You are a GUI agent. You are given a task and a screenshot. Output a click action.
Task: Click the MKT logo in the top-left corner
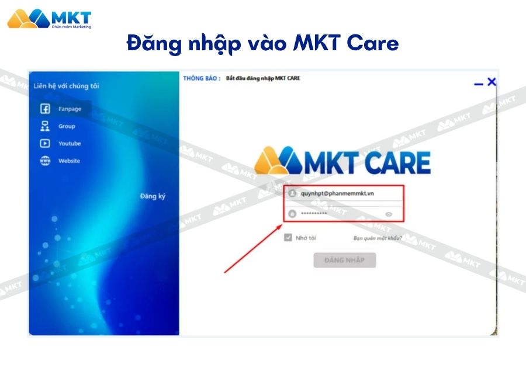coord(49,19)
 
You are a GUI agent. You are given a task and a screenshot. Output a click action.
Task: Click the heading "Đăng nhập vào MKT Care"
coord(262,44)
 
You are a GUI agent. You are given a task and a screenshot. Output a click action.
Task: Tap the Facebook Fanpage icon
coord(45,109)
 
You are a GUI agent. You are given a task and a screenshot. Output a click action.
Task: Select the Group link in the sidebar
coord(67,126)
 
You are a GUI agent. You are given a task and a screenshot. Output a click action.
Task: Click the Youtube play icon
coord(45,144)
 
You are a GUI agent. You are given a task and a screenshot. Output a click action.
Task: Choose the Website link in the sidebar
coord(69,161)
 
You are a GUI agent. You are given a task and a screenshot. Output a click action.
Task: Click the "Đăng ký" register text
coord(153,196)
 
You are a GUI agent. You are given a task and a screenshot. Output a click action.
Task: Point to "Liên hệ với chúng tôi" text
coord(66,86)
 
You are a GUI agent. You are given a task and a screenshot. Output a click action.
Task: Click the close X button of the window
coord(492,82)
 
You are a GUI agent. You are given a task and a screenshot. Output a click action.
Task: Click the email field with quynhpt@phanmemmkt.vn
coord(345,194)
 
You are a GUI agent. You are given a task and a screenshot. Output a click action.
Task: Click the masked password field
coord(339,214)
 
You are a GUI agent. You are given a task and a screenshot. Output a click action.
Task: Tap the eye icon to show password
coord(389,214)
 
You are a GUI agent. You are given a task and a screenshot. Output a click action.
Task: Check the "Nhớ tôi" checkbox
coord(288,238)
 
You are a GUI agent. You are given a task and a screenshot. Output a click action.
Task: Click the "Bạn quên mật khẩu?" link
coord(378,238)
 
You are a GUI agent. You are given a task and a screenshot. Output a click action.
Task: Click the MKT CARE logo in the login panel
coord(342,162)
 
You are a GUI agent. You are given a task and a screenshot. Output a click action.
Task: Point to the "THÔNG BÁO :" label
coord(202,78)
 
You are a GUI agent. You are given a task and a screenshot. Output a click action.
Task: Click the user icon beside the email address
coord(292,194)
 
